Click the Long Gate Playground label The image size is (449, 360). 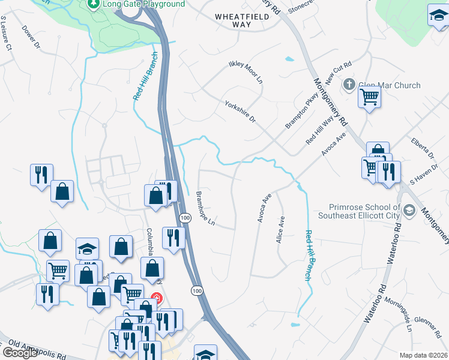[x=143, y=4]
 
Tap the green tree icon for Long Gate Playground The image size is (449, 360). [x=93, y=4]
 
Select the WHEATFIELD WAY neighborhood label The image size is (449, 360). [x=241, y=20]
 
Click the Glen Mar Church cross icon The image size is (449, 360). [x=350, y=85]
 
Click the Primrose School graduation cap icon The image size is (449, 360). [x=409, y=210]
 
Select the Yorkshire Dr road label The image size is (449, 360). [x=240, y=112]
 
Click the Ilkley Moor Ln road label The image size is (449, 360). [x=246, y=71]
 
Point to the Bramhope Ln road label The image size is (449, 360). [x=205, y=209]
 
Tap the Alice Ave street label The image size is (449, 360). [x=280, y=229]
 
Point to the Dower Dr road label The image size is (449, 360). [x=30, y=36]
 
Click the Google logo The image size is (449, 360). [x=20, y=353]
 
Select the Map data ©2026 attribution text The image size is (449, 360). [x=423, y=355]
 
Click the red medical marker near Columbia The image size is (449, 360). [x=157, y=298]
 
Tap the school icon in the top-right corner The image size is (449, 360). [x=439, y=16]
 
